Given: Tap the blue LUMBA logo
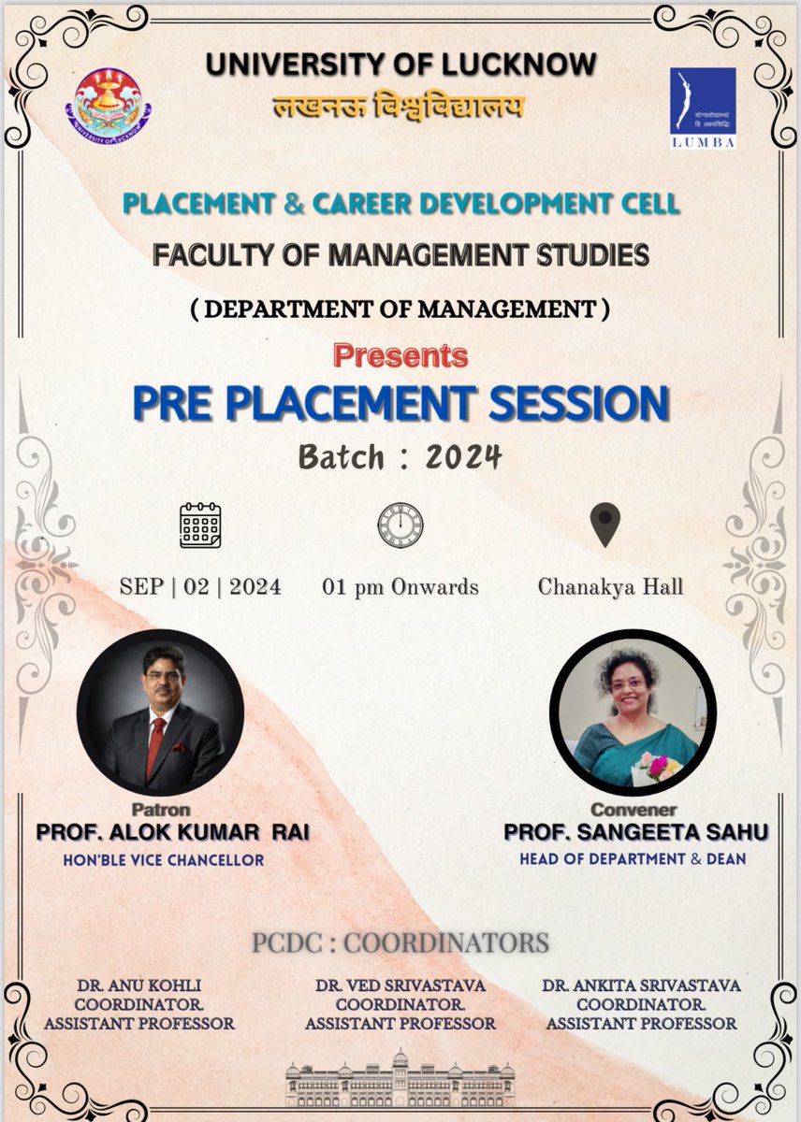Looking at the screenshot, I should (702, 108).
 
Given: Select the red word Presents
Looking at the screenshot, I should (400, 355).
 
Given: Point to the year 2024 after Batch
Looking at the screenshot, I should (463, 457).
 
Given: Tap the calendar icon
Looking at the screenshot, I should (200, 525).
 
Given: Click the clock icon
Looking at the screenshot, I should (400, 525).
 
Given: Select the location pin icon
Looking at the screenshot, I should (606, 525).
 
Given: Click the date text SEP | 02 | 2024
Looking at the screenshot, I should (200, 587).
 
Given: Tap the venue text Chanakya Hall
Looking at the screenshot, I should (610, 587).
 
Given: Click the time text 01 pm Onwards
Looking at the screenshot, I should (400, 587).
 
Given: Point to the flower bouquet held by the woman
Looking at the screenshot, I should (659, 767).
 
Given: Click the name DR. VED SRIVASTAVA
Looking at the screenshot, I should (400, 985).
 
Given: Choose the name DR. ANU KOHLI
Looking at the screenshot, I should (139, 985).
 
